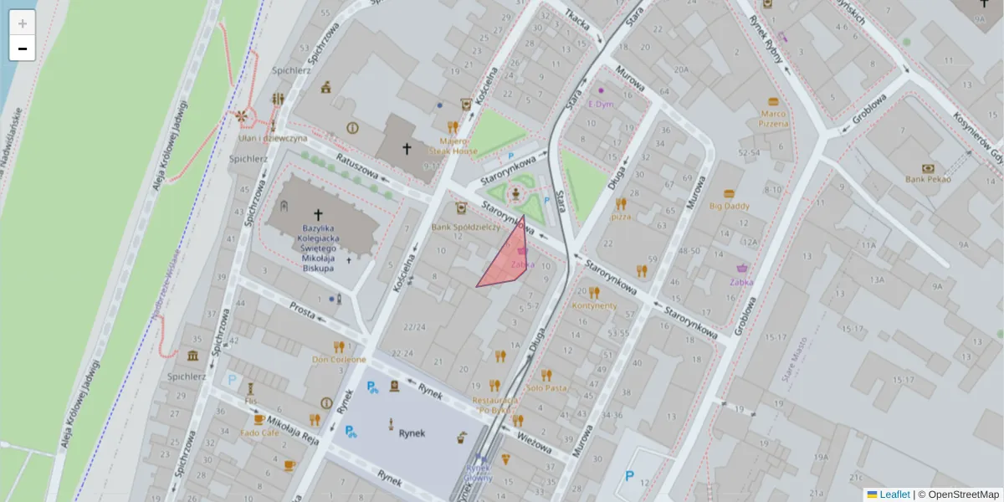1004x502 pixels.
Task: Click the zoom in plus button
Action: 23,23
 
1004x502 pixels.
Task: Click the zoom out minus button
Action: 23,49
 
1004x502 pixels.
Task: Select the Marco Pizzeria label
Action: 774,118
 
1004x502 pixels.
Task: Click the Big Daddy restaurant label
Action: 729,205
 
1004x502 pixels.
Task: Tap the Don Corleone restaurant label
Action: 339,360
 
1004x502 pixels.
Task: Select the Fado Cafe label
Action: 259,433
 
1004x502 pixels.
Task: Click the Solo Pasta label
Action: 546,387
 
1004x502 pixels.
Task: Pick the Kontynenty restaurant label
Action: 594,305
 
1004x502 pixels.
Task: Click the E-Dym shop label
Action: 601,104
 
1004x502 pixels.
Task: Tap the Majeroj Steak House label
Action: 453,146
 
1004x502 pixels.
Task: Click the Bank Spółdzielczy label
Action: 465,227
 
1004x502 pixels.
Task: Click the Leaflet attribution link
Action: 894,494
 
